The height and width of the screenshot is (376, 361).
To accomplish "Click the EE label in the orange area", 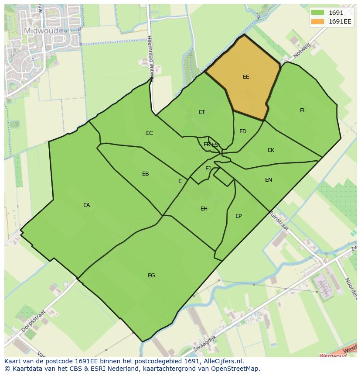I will pyautogui.click(x=246, y=77).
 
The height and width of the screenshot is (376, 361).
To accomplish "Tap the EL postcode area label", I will pyautogui.click(x=303, y=110).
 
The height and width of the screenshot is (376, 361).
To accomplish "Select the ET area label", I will pyautogui.click(x=202, y=112).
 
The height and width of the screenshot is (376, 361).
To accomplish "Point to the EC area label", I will pyautogui.click(x=150, y=133).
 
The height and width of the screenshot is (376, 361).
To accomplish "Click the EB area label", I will pyautogui.click(x=146, y=174).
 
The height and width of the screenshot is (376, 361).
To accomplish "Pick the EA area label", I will pyautogui.click(x=87, y=205).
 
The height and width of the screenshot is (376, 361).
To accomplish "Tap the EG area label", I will pyautogui.click(x=151, y=276).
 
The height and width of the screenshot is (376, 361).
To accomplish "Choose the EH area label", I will pyautogui.click(x=204, y=209).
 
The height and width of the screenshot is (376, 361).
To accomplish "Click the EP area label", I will pyautogui.click(x=238, y=216).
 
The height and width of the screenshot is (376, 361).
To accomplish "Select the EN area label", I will pyautogui.click(x=269, y=180).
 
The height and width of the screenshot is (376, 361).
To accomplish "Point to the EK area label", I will pyautogui.click(x=271, y=150).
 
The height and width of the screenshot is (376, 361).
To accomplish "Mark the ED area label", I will pyautogui.click(x=243, y=131).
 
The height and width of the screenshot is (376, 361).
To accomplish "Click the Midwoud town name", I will pyautogui.click(x=41, y=31).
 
